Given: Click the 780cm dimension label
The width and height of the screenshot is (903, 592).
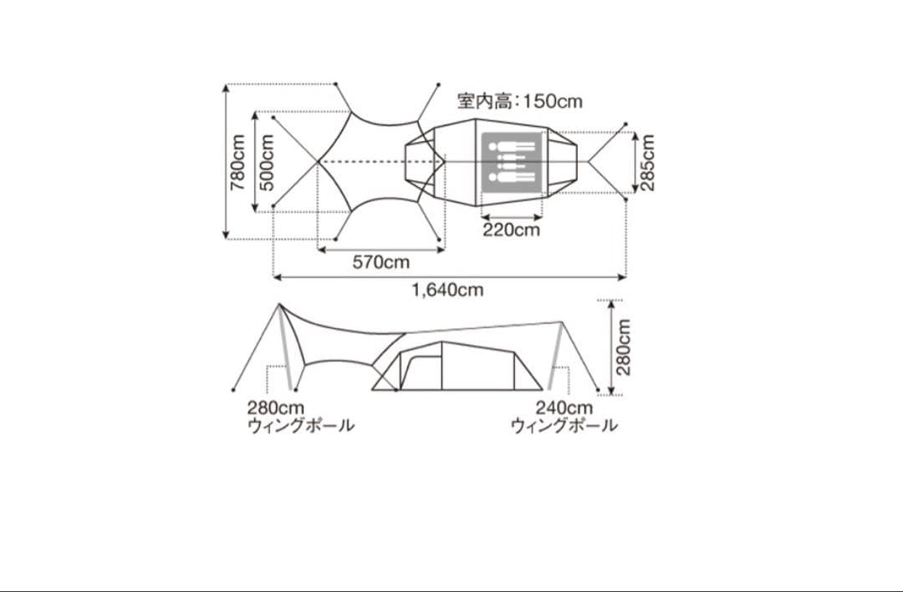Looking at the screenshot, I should pyautogui.click(x=238, y=163).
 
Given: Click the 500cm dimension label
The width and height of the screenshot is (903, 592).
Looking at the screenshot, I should pyautogui.click(x=268, y=163).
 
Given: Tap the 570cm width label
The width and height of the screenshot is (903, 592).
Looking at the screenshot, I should pyautogui.click(x=381, y=262).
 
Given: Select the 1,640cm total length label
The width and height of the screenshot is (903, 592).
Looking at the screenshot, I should pyautogui.click(x=447, y=290).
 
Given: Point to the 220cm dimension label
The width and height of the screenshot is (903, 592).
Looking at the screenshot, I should pyautogui.click(x=512, y=230).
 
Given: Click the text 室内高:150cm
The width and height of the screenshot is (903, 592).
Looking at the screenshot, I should pyautogui.click(x=519, y=102).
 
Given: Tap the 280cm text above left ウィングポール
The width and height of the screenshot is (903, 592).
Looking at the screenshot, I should pyautogui.click(x=275, y=408).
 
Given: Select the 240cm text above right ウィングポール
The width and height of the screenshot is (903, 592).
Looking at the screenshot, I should pyautogui.click(x=564, y=408).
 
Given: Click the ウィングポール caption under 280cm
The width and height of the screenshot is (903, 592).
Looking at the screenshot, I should pyautogui.click(x=300, y=426).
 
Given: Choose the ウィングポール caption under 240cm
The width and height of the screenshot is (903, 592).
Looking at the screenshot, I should pyautogui.click(x=564, y=426).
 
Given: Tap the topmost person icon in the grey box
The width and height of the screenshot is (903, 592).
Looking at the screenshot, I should pyautogui.click(x=511, y=145).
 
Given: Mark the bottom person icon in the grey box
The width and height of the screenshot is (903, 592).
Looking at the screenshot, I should pyautogui.click(x=511, y=176).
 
